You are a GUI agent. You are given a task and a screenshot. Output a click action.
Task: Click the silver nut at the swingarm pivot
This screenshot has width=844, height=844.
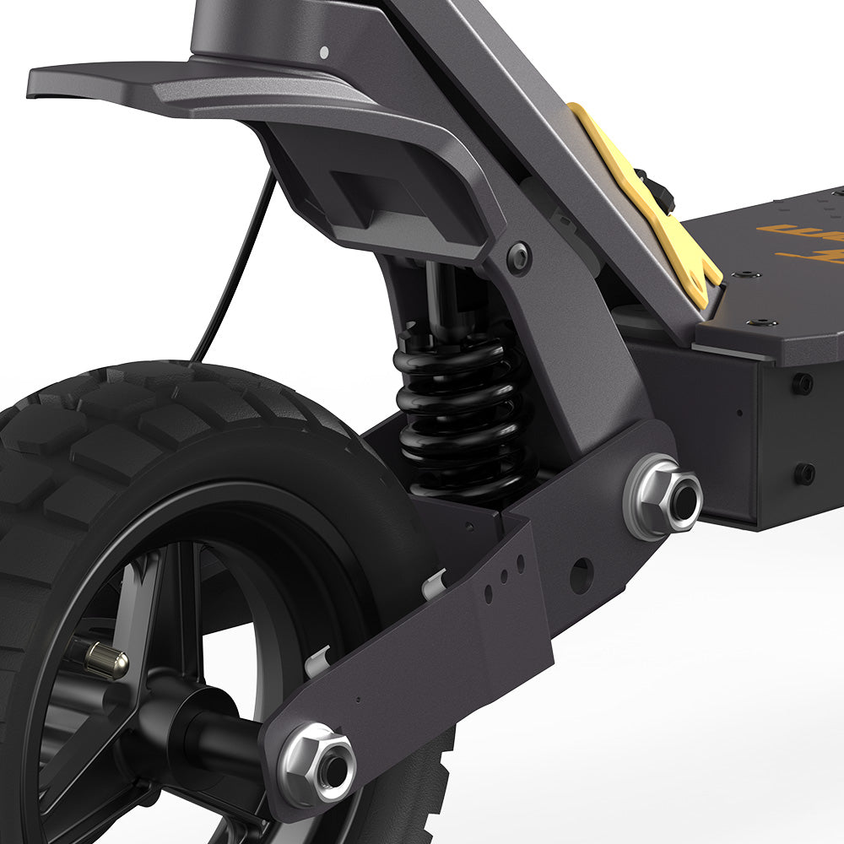[663, 497]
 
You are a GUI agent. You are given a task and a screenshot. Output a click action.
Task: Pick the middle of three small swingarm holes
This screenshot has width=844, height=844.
[504, 578]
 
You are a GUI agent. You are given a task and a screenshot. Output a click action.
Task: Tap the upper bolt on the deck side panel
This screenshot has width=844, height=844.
[802, 383]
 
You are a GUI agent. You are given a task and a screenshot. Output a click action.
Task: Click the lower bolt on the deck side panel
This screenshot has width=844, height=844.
[804, 473]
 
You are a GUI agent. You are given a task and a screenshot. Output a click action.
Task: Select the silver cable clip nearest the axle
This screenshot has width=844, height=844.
[316, 661]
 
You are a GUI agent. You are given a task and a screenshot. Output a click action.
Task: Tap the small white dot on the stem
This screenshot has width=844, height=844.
[324, 51]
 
